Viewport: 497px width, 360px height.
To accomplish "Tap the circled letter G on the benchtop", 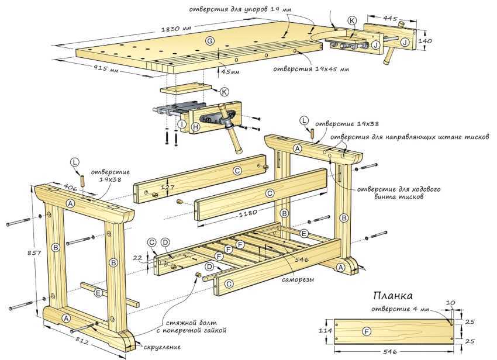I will point(209,40).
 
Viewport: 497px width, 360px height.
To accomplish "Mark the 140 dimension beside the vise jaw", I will point(425,41).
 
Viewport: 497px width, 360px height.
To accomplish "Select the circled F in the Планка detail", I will point(367,331).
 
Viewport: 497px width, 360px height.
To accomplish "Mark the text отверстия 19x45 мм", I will point(311,68).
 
